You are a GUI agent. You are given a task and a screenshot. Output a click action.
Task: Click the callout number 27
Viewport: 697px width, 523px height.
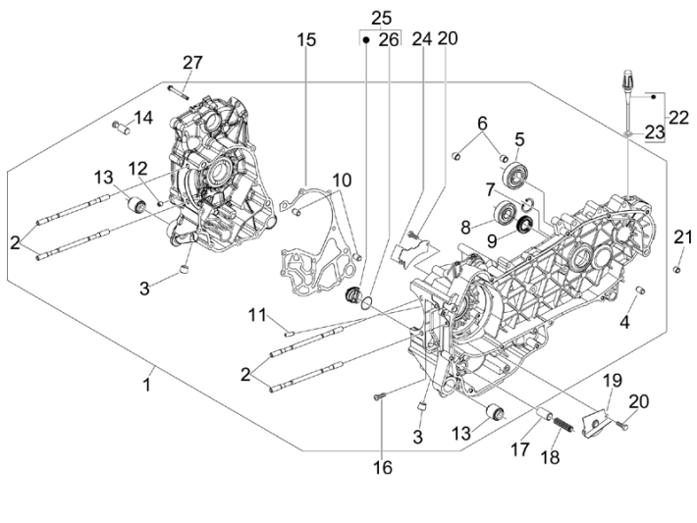tap(191, 62)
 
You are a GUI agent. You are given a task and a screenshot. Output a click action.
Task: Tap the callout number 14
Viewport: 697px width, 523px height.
tap(143, 118)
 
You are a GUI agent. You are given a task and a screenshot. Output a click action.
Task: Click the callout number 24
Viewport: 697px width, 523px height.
tap(421, 39)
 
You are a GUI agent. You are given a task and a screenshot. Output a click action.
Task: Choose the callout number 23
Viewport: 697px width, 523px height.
tap(654, 131)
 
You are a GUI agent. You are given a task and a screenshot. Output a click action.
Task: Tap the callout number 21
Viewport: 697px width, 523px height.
tap(682, 236)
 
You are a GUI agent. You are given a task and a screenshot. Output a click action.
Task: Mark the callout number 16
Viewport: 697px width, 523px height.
tap(382, 468)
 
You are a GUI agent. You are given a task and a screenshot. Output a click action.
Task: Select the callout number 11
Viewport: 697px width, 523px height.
tap(257, 314)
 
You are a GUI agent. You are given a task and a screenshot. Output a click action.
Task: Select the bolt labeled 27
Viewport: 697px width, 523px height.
tap(176, 89)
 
